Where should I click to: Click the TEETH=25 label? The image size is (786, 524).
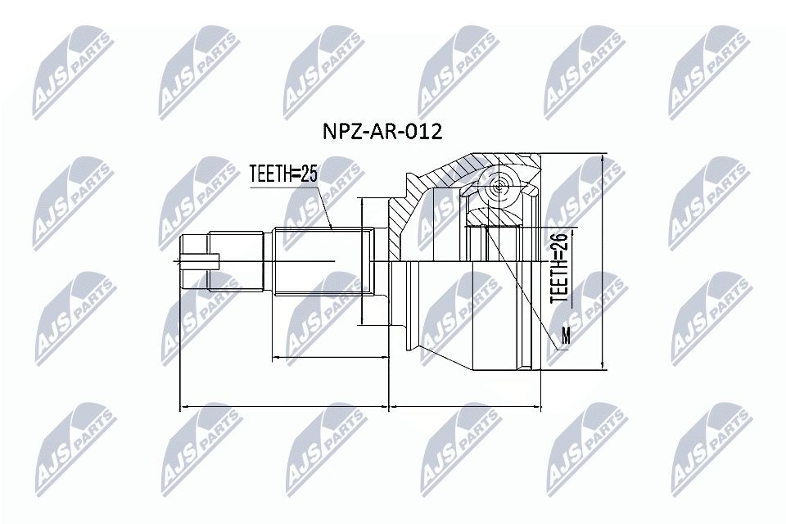[282, 174]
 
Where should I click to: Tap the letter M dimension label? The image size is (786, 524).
[565, 335]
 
